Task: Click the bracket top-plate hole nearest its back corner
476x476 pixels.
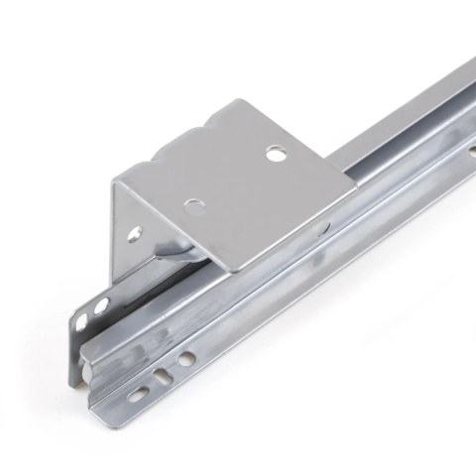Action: click(x=275, y=154)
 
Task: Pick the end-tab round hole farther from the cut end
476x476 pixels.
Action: click(x=101, y=304)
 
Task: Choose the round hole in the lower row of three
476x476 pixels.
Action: click(x=186, y=357)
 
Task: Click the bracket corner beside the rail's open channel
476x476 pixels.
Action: click(x=348, y=197)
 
